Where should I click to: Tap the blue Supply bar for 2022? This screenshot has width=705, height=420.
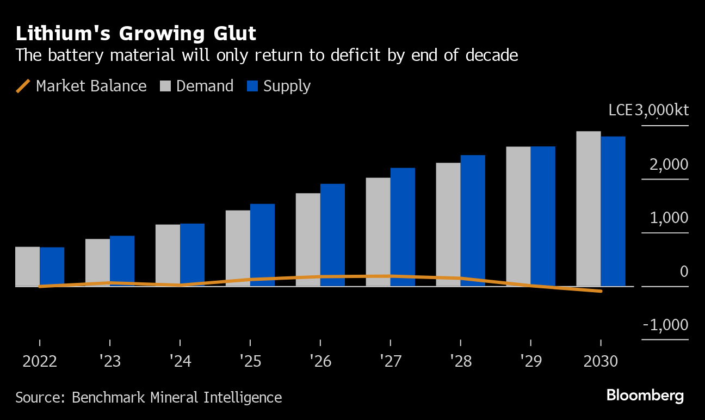(x=52, y=267)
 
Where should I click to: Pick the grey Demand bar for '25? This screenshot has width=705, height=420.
(x=238, y=248)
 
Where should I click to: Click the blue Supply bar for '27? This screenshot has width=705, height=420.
(x=403, y=227)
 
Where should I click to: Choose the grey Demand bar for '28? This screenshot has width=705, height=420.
(x=448, y=224)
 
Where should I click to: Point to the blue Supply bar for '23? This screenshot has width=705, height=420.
(x=122, y=261)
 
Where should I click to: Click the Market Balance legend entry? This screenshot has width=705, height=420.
(x=82, y=86)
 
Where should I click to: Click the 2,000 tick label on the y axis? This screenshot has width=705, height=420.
(x=669, y=164)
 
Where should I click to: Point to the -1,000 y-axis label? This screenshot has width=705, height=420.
(x=665, y=325)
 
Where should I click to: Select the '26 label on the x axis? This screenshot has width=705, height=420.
(x=320, y=361)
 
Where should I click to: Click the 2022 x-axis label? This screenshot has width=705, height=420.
(x=40, y=361)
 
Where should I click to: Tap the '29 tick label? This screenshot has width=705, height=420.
(x=530, y=361)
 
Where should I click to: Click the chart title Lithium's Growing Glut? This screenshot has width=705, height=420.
(x=135, y=34)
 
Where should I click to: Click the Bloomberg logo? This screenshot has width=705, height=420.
(x=645, y=396)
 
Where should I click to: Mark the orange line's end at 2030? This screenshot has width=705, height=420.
(x=601, y=291)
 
